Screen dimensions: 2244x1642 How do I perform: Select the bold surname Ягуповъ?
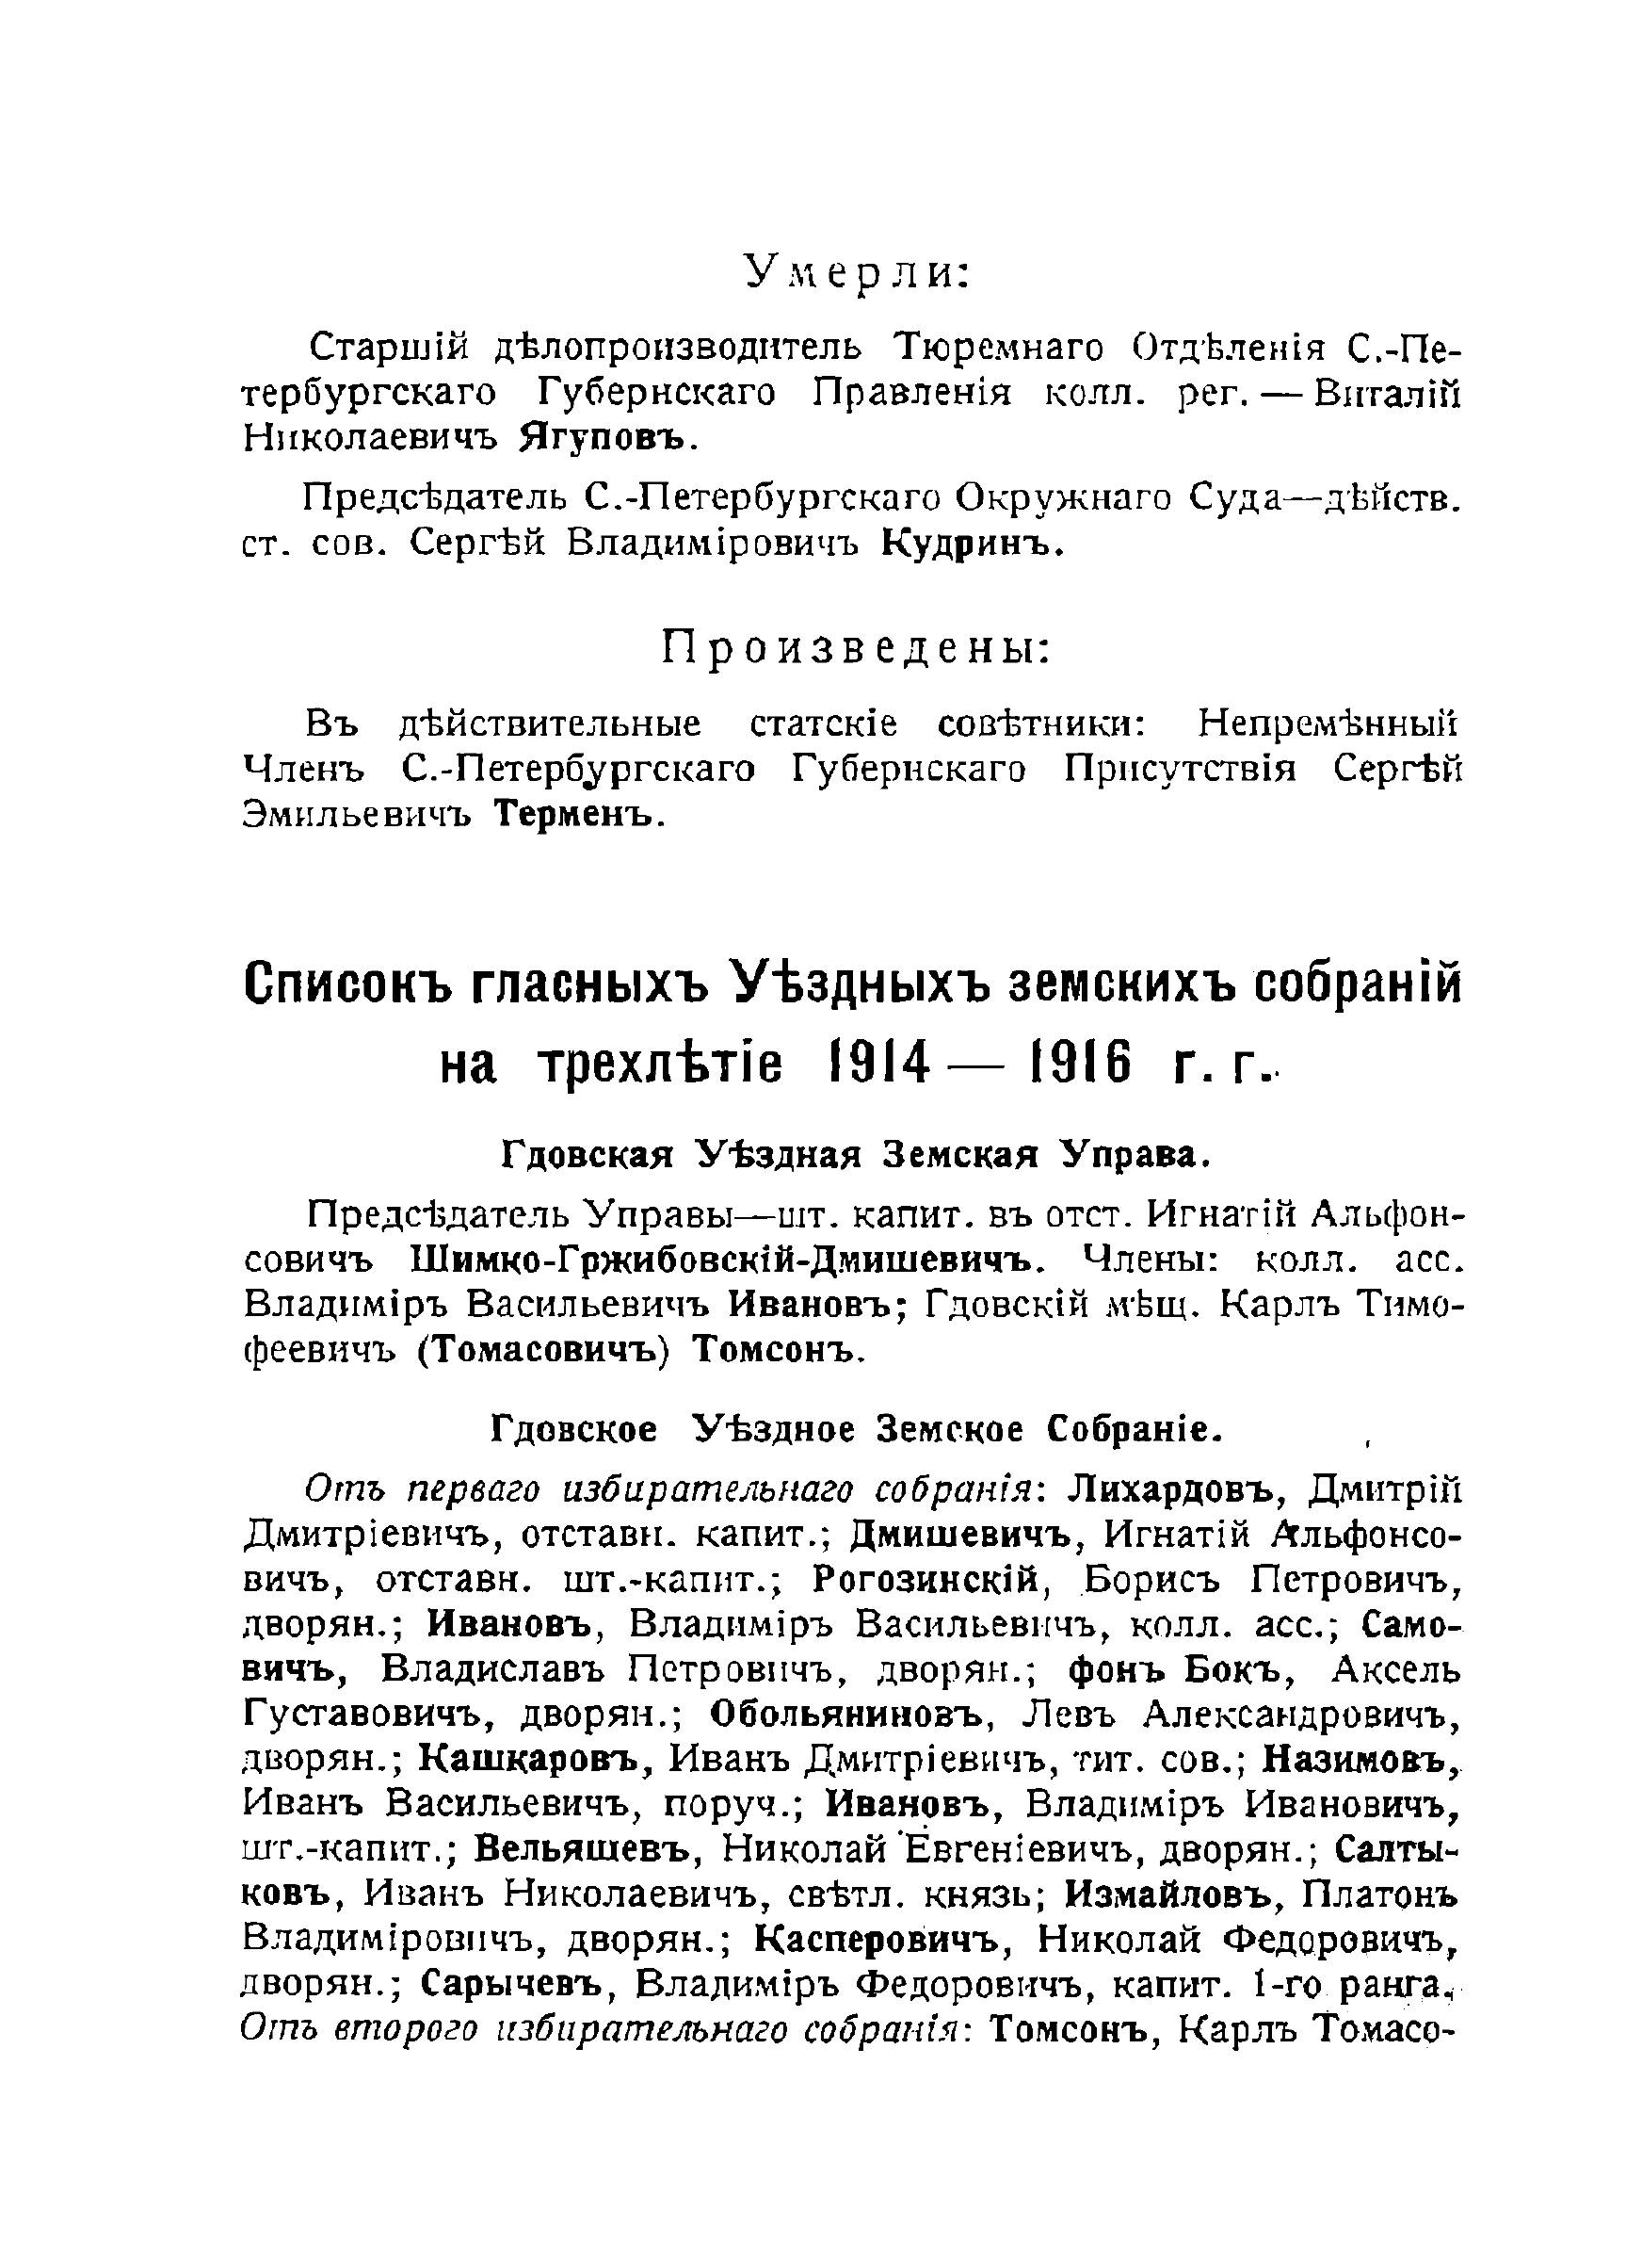tap(604, 439)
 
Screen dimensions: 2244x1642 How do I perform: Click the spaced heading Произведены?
tap(856, 649)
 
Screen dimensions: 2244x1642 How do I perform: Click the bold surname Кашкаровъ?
tap(533, 1759)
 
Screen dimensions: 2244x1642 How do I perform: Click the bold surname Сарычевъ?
tap(511, 1982)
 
